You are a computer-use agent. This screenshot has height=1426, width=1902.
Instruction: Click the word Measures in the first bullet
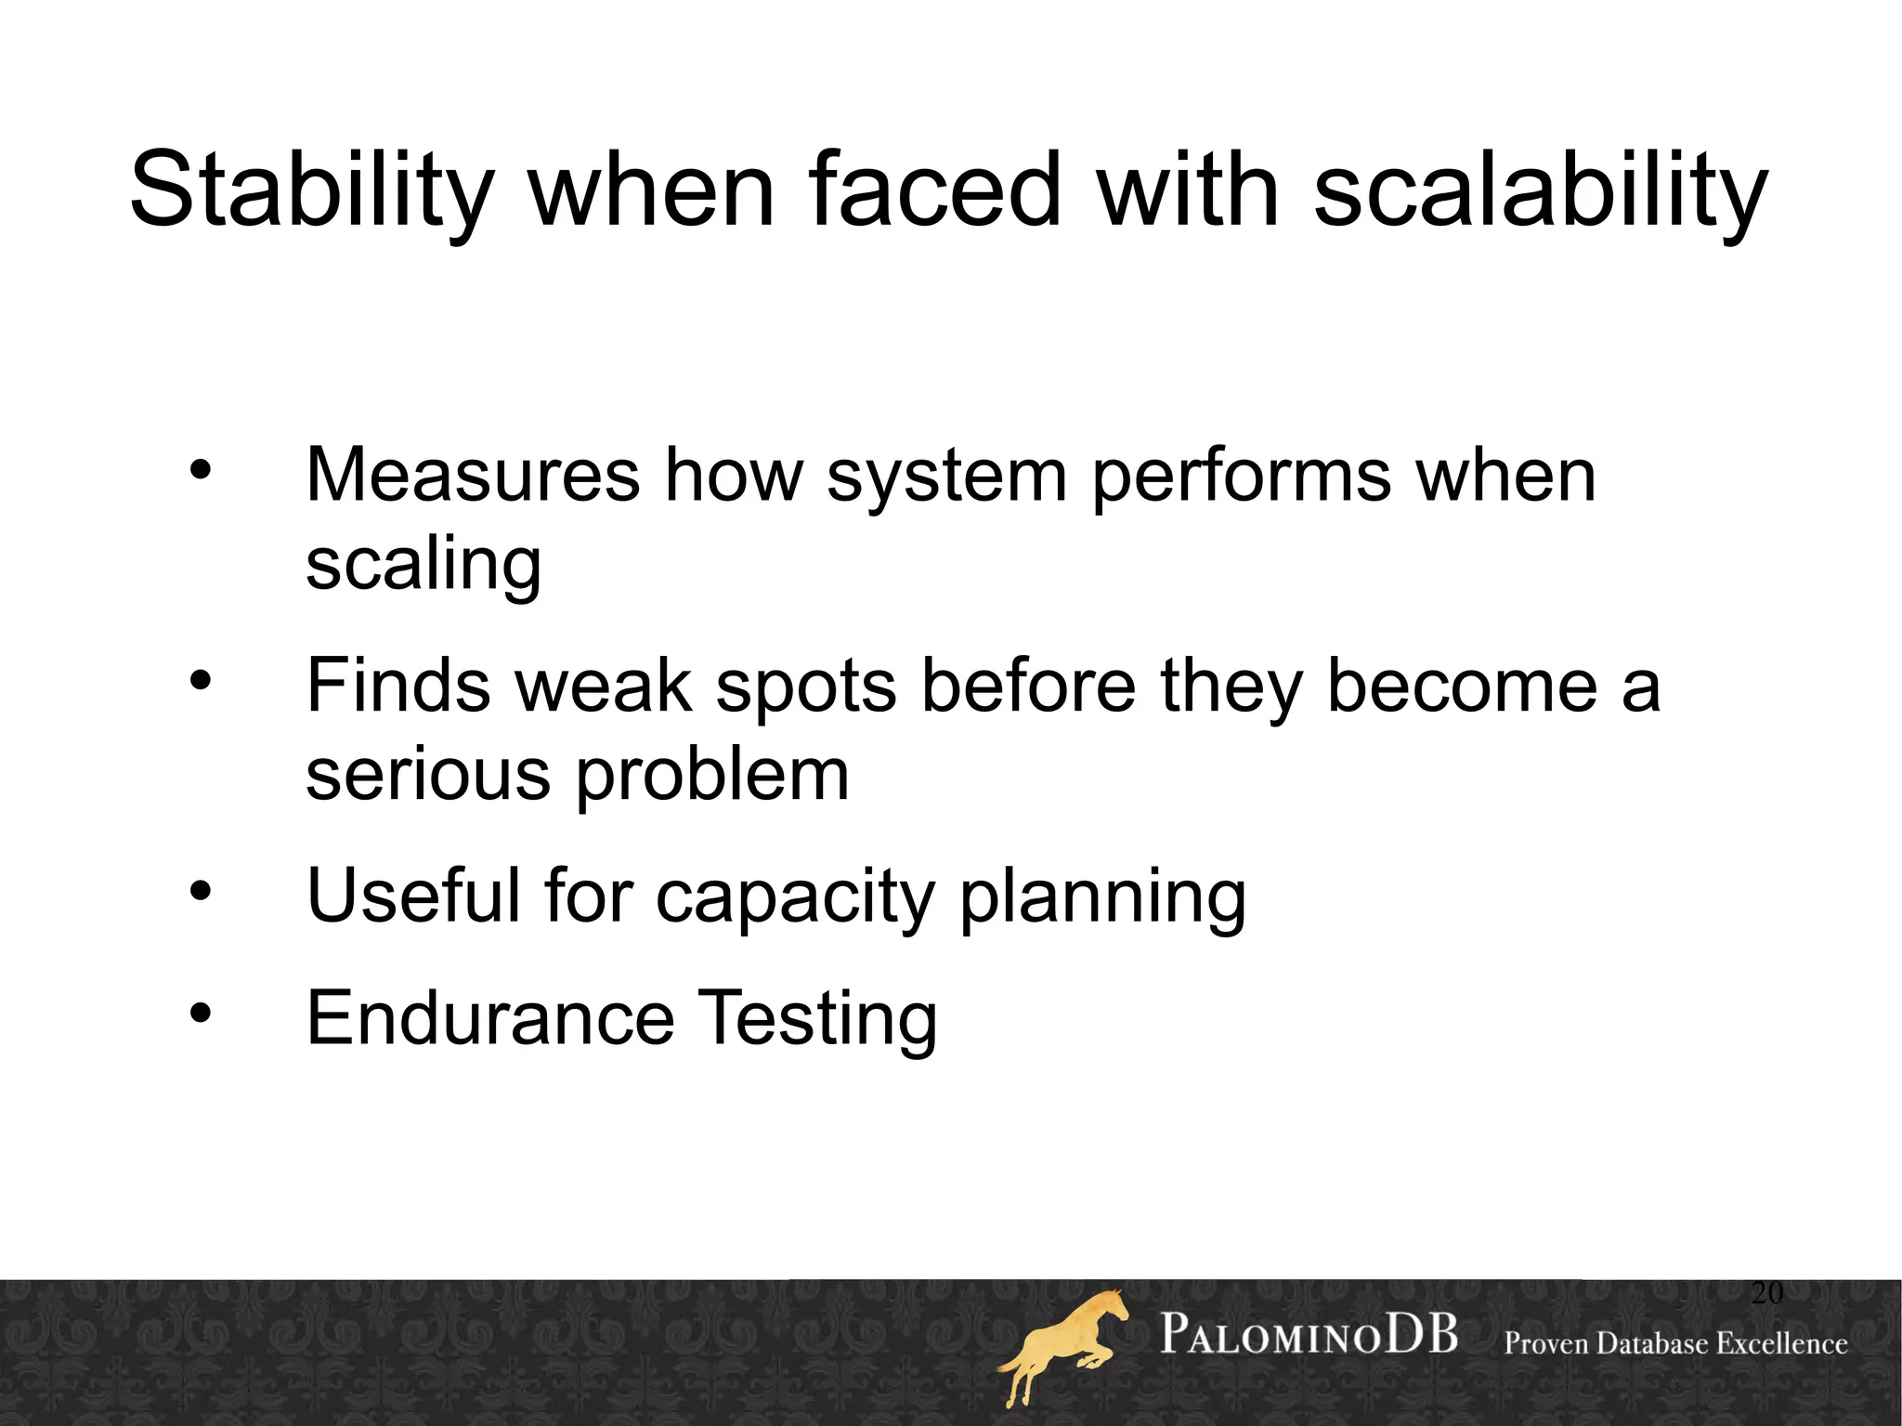[473, 475]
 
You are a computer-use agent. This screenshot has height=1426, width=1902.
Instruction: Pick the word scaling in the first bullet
[423, 565]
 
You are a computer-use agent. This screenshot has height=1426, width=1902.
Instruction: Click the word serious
[428, 775]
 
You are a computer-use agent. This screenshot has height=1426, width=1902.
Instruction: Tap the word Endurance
[490, 1018]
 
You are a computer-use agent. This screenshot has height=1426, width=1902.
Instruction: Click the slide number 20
[1766, 1293]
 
